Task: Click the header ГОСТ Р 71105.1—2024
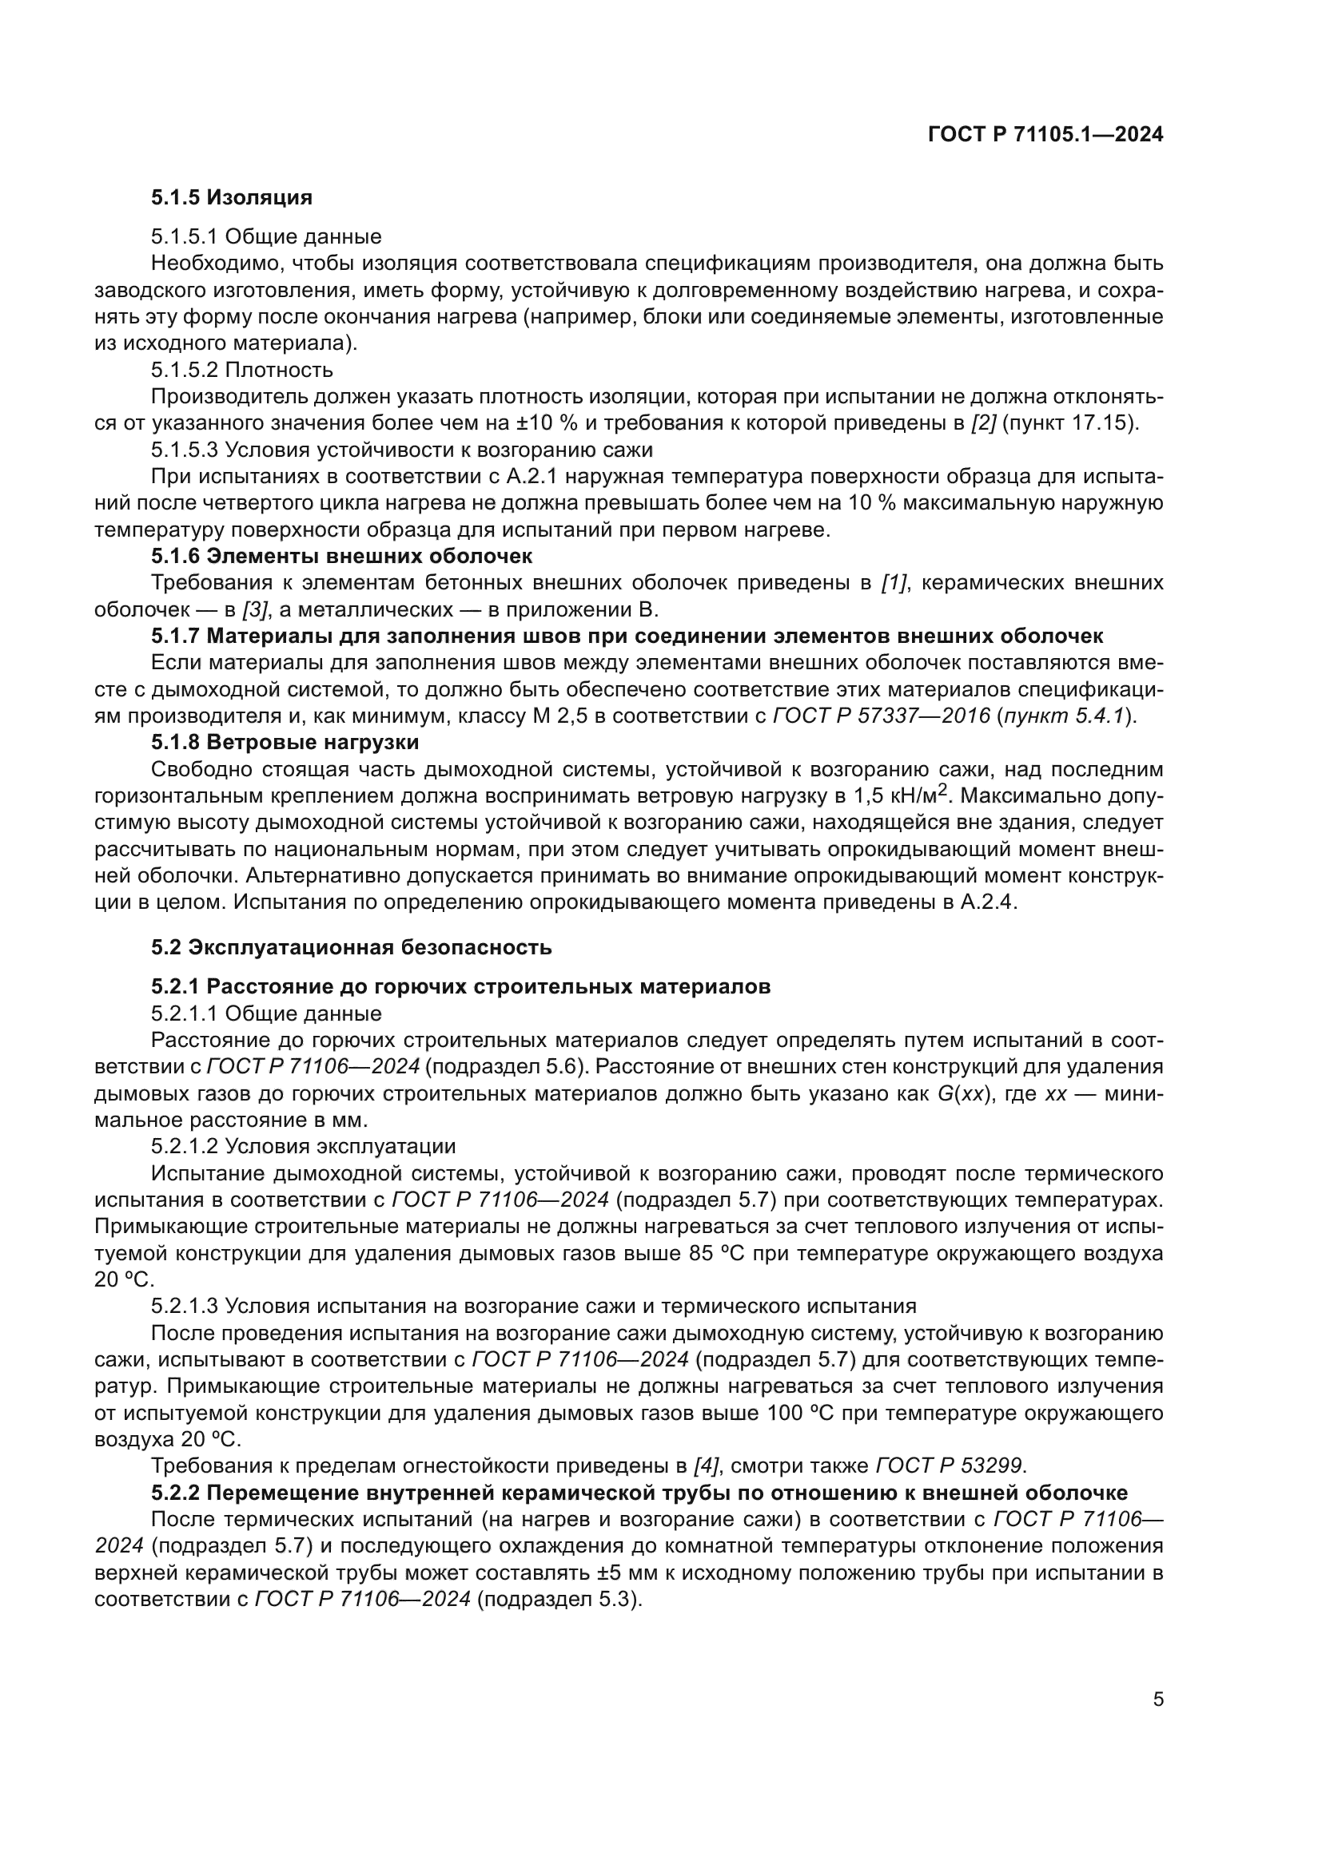(1045, 135)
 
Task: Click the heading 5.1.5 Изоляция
(231, 198)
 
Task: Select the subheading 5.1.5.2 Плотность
(241, 371)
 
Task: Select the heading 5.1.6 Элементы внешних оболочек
(341, 557)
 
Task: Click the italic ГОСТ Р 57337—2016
(881, 716)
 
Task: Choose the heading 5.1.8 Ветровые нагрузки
(285, 743)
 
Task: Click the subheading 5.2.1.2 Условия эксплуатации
(303, 1147)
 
